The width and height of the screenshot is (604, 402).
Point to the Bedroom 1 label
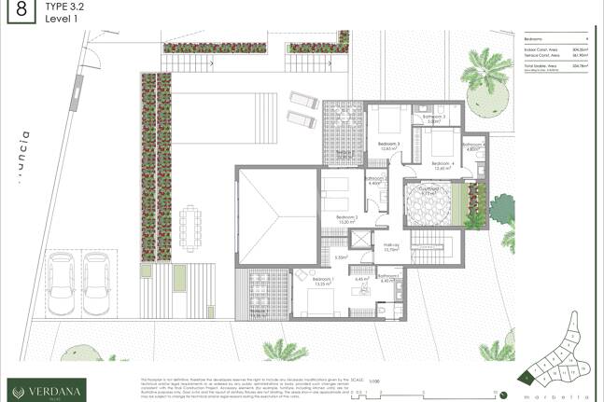pos(323,280)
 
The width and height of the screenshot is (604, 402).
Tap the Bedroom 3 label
pos(388,145)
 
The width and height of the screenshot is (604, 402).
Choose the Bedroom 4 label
pos(442,164)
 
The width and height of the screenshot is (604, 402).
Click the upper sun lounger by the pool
pos(300,99)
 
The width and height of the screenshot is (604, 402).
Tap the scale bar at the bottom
pos(373,392)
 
